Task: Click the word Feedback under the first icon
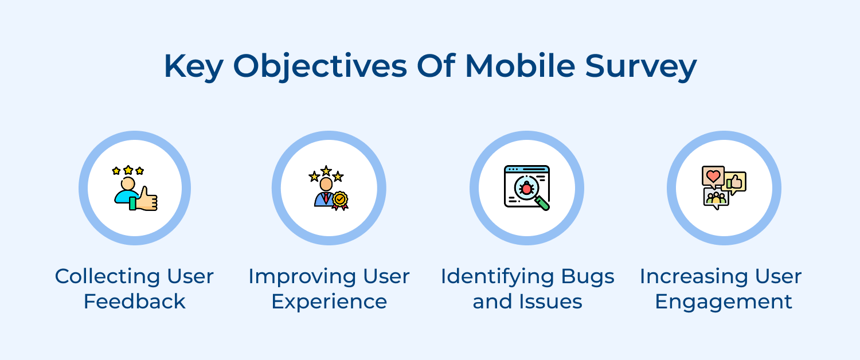(x=134, y=302)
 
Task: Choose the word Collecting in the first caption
(x=102, y=277)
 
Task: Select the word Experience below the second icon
(x=329, y=302)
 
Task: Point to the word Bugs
(x=586, y=277)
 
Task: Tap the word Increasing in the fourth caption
(x=689, y=277)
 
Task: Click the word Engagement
(x=724, y=302)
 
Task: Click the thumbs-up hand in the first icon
(x=147, y=198)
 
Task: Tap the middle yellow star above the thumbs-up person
(x=128, y=170)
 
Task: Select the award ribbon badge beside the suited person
(x=340, y=200)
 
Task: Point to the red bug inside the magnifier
(x=526, y=187)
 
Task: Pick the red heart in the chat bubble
(x=713, y=176)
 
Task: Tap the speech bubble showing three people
(x=716, y=198)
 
